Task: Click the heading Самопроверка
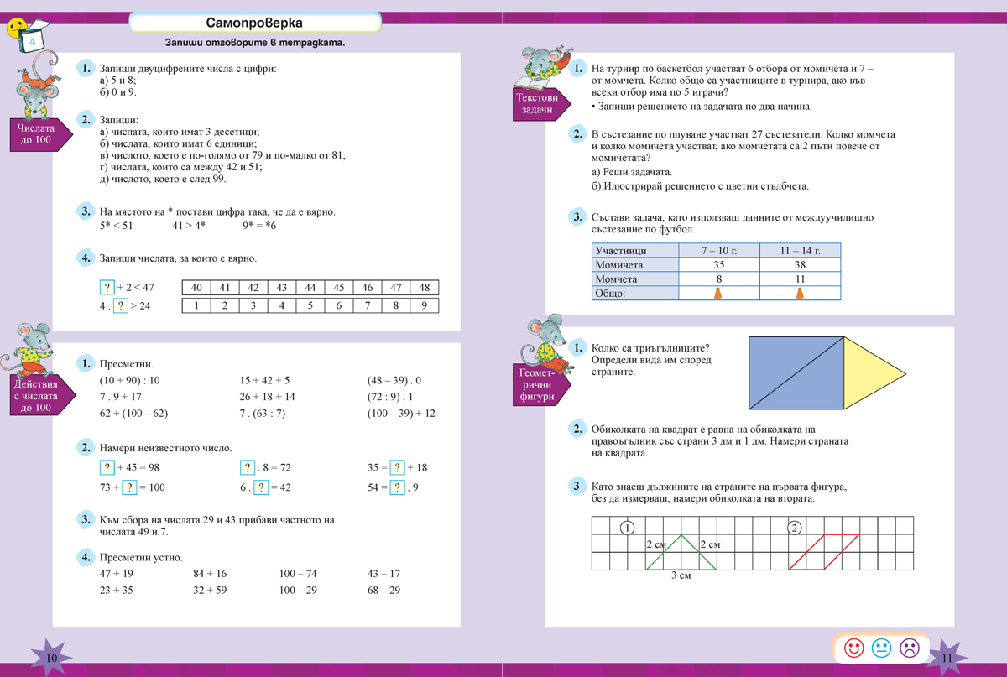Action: pyautogui.click(x=254, y=23)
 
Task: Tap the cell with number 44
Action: pyautogui.click(x=310, y=288)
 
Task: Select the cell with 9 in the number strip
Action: pyautogui.click(x=425, y=305)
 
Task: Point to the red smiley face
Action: pyautogui.click(x=854, y=648)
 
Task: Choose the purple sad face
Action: pyautogui.click(x=909, y=648)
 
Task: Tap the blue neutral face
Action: pyautogui.click(x=881, y=648)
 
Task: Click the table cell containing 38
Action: pyautogui.click(x=800, y=265)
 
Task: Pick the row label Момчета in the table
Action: pyautogui.click(x=617, y=279)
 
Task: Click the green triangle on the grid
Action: pyautogui.click(x=681, y=553)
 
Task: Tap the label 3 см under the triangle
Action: pyautogui.click(x=681, y=576)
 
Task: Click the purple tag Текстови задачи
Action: pyautogui.click(x=536, y=105)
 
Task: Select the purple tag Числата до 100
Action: pyautogui.click(x=34, y=134)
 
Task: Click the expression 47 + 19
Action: pyautogui.click(x=117, y=574)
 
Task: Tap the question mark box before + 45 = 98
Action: pyautogui.click(x=107, y=467)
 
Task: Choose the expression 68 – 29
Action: pyautogui.click(x=383, y=590)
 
